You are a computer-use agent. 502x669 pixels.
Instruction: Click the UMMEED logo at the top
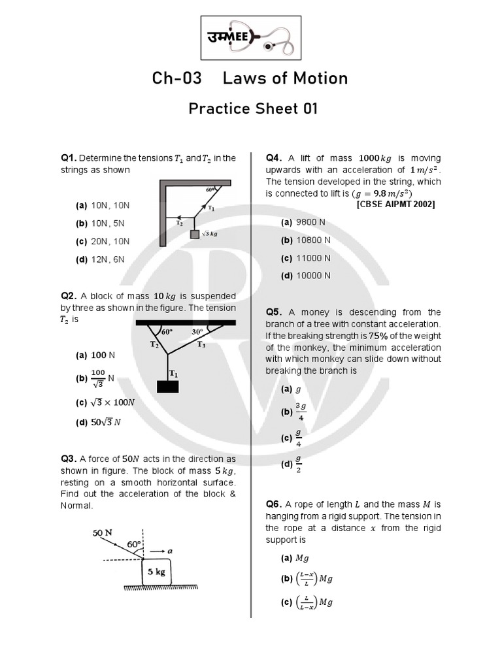[250, 37]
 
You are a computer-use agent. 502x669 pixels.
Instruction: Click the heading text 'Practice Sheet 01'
[253, 108]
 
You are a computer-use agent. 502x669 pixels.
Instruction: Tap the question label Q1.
[69, 158]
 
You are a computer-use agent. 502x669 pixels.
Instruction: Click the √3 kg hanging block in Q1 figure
[195, 234]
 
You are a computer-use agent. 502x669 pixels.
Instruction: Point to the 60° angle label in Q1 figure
[210, 189]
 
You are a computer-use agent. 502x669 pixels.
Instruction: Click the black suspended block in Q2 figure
[168, 386]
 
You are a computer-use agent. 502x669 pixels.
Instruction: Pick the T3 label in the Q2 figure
[201, 345]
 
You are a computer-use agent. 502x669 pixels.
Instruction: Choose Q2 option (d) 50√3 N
[98, 422]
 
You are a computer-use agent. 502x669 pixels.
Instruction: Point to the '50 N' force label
[103, 532]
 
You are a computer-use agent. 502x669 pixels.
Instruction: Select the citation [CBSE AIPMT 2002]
[395, 204]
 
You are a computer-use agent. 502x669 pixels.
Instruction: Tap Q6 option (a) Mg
[295, 558]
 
